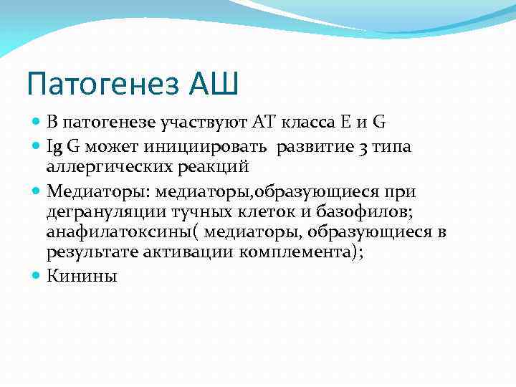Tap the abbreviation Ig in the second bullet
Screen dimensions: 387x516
[x=54, y=147]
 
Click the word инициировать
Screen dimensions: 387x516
[x=210, y=147]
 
